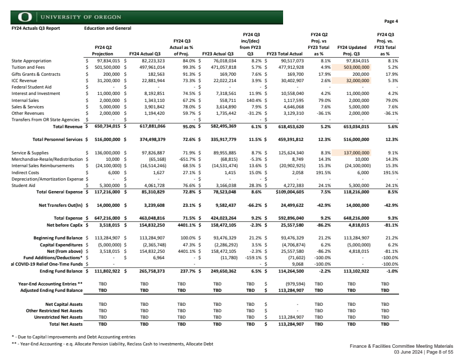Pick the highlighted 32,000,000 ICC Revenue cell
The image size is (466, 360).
pyautogui.click(x=357, y=79)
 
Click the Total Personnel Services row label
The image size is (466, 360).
pyautogui.click(x=58, y=140)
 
